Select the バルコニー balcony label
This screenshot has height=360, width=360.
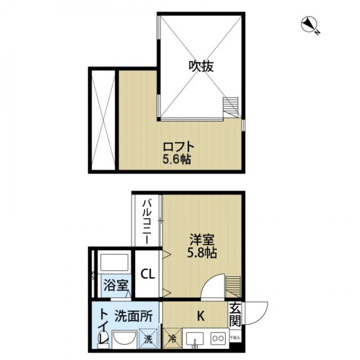[146, 220]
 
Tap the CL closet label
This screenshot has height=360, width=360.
[147, 275]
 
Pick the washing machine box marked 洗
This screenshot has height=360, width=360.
[148, 339]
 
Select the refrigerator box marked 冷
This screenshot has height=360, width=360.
[172, 339]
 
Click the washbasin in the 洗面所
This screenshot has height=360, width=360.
[124, 340]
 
